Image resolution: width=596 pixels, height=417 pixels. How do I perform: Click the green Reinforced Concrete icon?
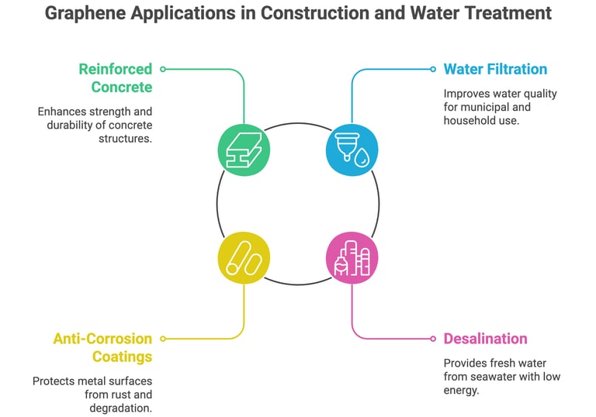244,150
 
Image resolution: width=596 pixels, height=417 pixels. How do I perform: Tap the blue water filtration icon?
352,150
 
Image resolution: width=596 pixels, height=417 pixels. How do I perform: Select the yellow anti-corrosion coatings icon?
244,257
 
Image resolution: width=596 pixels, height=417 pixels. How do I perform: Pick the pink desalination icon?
352,257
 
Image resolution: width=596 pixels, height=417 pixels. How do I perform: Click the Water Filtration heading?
495,69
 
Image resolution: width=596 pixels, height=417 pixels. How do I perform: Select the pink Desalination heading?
485,339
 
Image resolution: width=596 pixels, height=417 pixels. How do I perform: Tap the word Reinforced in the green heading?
116,69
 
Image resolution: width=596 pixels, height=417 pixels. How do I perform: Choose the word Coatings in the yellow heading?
123,357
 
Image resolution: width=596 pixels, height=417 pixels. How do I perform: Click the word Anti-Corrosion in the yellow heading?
102,339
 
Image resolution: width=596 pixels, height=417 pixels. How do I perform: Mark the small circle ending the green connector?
162,69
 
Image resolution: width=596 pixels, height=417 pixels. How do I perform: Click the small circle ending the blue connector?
433,69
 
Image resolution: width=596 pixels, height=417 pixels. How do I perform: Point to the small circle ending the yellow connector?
162,339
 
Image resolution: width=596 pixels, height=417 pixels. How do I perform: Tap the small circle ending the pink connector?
433,339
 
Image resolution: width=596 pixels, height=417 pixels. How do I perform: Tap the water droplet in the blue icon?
363,159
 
